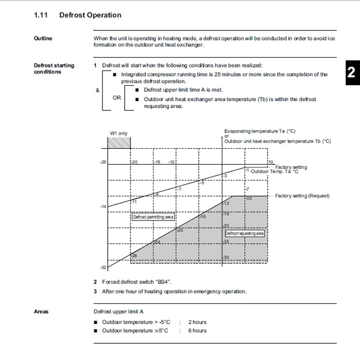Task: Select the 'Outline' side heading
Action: pyautogui.click(x=43, y=39)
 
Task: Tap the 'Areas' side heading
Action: pyautogui.click(x=41, y=311)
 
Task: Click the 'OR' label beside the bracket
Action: pyautogui.click(x=117, y=98)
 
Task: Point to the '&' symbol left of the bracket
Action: pyautogui.click(x=98, y=90)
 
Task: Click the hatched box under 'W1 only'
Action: pyautogui.click(x=119, y=143)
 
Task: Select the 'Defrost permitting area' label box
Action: pyautogui.click(x=153, y=217)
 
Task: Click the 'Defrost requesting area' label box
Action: pyautogui.click(x=244, y=233)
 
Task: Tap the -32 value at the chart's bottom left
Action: pyautogui.click(x=103, y=267)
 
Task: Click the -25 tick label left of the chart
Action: pyautogui.click(x=103, y=162)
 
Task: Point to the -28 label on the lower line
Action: pyautogui.click(x=134, y=255)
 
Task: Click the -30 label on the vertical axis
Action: pyautogui.click(x=226, y=258)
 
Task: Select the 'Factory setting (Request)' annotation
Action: pyautogui.click(x=302, y=196)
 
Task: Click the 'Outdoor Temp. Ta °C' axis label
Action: pyautogui.click(x=275, y=171)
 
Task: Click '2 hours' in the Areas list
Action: pyautogui.click(x=197, y=322)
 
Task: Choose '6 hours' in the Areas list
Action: pyautogui.click(x=197, y=331)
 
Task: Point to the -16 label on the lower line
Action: pyautogui.click(x=203, y=217)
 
